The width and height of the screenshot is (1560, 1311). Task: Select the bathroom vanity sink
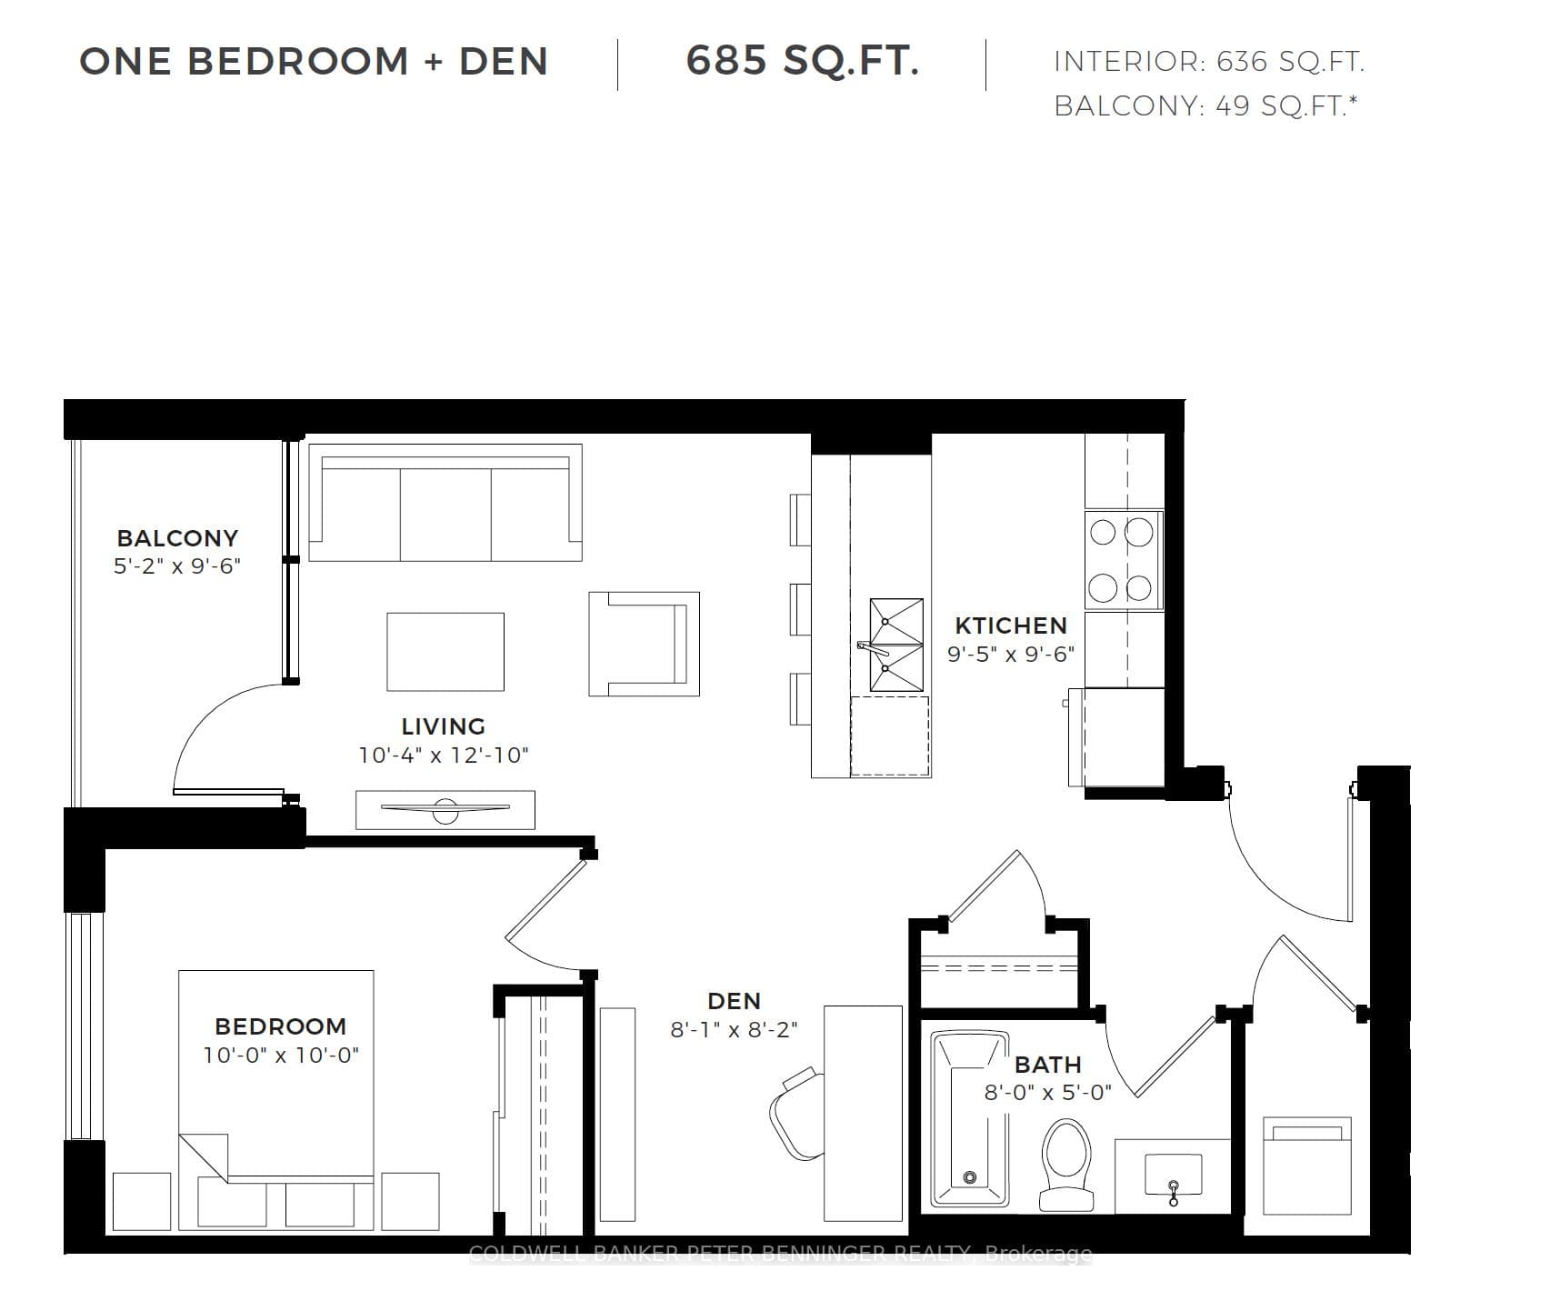[x=1173, y=1176]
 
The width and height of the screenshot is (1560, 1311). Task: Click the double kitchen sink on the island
[x=896, y=645]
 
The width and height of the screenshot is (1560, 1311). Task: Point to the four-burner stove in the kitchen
[x=1124, y=560]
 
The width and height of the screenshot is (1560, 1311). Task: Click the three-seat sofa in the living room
[x=445, y=503]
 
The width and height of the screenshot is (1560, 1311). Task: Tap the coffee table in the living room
[x=445, y=652]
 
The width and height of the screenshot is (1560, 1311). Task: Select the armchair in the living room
[x=644, y=644]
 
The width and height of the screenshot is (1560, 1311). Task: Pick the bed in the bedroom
[x=276, y=1100]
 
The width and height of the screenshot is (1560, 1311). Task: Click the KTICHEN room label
[x=1011, y=625]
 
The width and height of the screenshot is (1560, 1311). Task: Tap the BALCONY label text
[x=177, y=538]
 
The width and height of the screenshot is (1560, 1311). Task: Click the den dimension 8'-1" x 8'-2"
[x=734, y=1029]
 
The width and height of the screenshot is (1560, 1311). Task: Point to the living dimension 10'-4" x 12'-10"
[x=444, y=755]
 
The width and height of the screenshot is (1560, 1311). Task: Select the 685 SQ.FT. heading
[x=803, y=61]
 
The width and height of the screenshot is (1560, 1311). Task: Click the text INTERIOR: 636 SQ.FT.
[x=1209, y=62]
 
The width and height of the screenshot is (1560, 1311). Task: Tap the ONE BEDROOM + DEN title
[x=314, y=61]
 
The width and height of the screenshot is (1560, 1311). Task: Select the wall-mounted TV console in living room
[x=445, y=809]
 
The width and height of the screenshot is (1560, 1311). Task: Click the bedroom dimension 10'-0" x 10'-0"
[x=281, y=1055]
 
